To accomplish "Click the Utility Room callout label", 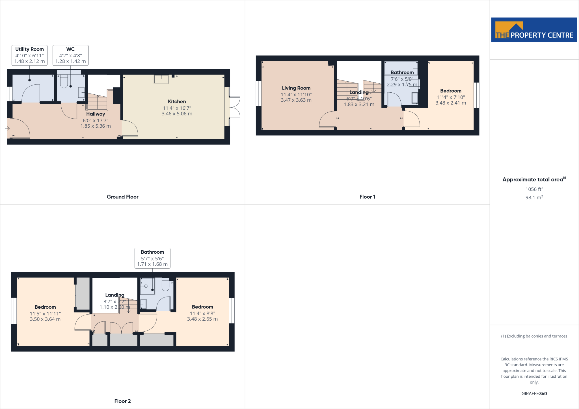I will click(x=29, y=55).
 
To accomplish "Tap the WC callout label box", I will click(x=70, y=55).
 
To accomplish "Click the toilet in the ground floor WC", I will click(x=64, y=81).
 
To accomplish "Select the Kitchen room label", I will click(x=177, y=102).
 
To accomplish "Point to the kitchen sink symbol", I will click(x=161, y=79).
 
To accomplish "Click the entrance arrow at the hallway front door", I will click(x=7, y=129).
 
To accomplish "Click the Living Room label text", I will click(x=296, y=88).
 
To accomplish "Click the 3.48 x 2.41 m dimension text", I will click(x=450, y=103).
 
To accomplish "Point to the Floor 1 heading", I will click(x=367, y=197).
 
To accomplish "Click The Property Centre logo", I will click(x=534, y=30).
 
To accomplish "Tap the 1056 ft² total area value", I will click(x=534, y=189).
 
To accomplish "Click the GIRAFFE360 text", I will click(x=534, y=393).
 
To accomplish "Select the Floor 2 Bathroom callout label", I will click(x=152, y=258).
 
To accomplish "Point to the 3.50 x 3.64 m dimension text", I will click(x=45, y=319).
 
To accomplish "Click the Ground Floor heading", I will click(x=122, y=197).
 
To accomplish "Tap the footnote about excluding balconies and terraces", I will click(x=534, y=336).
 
